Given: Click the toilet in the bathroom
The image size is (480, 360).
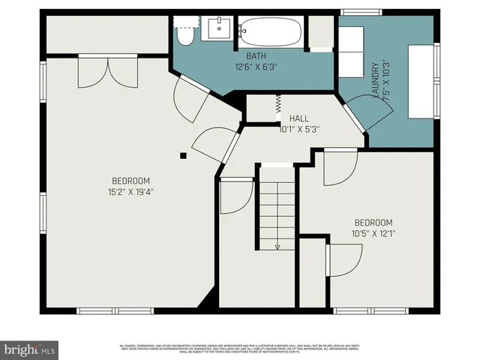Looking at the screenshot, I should pos(184,33).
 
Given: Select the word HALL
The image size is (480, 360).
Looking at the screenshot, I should pos(299,118).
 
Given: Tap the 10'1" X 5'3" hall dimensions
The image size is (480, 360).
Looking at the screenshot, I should pos(299,129).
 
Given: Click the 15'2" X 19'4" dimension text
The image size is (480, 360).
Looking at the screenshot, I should pos(131,191).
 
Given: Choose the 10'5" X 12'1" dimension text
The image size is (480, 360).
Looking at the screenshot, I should pos(373,233).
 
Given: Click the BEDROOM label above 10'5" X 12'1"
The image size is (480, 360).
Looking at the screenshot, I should pos(373,223).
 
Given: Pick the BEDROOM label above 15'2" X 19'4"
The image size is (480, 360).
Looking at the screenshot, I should pos(131,181).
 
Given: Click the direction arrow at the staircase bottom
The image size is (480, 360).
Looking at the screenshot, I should pos(277,245).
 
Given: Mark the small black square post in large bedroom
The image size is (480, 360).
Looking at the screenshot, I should pos(183,156).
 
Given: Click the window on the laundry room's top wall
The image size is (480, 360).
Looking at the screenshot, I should pos(356,11).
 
